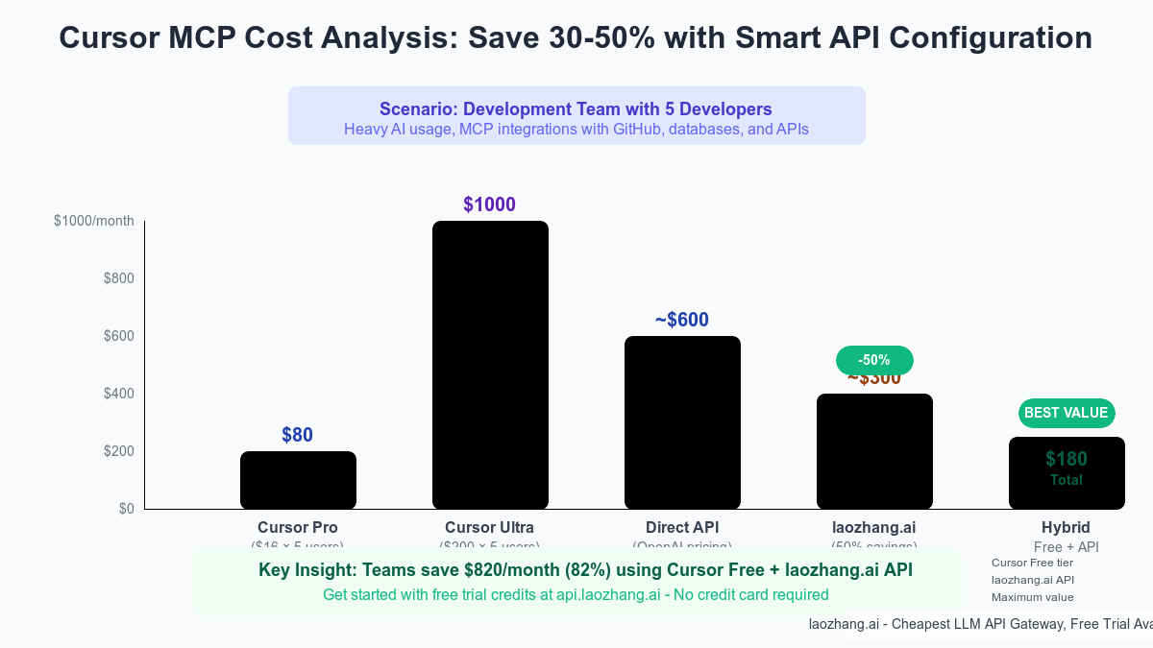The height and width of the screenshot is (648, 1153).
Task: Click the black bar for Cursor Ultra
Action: click(490, 365)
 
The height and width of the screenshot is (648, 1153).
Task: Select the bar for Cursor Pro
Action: click(298, 480)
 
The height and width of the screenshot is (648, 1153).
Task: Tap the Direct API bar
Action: click(682, 422)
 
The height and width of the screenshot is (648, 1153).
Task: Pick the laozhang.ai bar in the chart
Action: click(874, 451)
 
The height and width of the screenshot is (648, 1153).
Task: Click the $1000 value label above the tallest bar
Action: click(490, 204)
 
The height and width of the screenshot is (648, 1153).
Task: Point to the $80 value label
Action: click(298, 435)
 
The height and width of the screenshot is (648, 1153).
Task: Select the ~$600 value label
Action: click(682, 320)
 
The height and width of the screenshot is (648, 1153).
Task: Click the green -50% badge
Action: click(874, 360)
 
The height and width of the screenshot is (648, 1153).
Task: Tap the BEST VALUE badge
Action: click(1067, 413)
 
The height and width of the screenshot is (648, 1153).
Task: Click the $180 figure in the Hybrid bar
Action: click(1067, 459)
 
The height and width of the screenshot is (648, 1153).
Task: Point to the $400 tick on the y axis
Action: click(120, 394)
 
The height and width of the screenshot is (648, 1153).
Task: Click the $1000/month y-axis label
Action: click(94, 221)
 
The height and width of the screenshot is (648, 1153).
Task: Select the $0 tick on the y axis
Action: click(127, 509)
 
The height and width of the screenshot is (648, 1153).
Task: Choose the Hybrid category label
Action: click(1067, 527)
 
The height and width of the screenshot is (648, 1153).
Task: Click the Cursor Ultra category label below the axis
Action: click(490, 527)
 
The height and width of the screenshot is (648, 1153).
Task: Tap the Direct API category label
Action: click(682, 527)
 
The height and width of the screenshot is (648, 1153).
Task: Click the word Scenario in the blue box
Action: click(412, 109)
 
